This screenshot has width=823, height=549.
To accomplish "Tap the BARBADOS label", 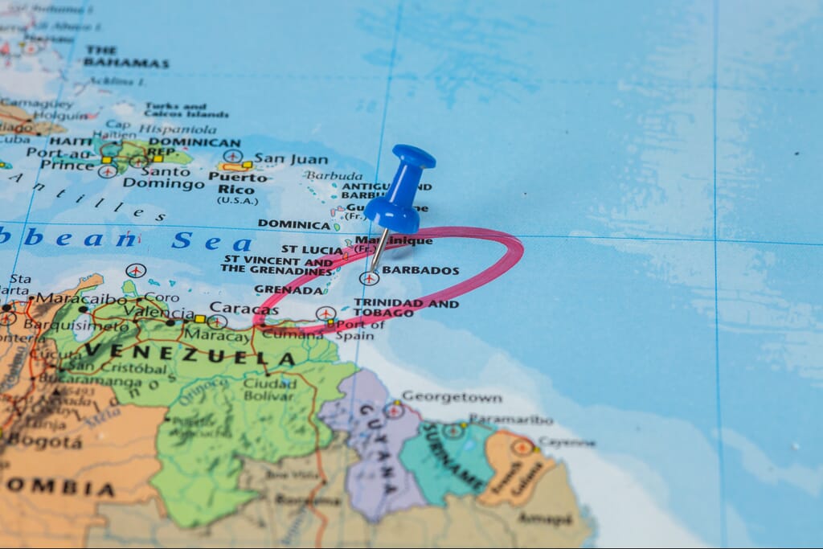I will (x=420, y=271).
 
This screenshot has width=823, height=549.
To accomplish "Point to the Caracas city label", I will (x=244, y=308).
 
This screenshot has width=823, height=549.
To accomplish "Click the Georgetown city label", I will (x=451, y=397).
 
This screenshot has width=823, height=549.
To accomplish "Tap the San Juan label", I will (x=291, y=158).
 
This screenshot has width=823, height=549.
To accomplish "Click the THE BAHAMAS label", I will (x=125, y=56).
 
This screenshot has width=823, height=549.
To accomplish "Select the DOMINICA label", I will (x=293, y=224).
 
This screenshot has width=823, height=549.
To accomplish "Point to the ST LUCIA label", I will (x=312, y=250).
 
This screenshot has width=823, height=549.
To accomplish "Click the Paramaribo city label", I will (x=511, y=420).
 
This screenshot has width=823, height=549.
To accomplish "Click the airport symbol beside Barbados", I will (x=369, y=279).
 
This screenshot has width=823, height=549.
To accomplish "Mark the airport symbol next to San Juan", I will (x=233, y=155).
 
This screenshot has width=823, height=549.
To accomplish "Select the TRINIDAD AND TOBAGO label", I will (x=405, y=308).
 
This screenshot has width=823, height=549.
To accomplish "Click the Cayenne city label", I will (x=567, y=442).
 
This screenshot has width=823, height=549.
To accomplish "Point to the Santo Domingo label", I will (x=163, y=178).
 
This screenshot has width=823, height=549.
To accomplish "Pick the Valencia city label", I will (x=159, y=313).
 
